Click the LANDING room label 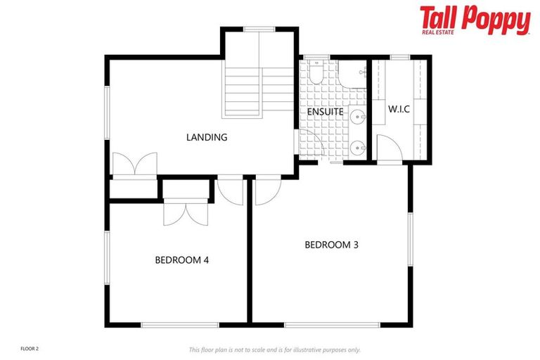pos(207,137)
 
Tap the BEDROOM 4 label pos(181,259)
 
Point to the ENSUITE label pos(325,112)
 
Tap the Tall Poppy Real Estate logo pos(475,20)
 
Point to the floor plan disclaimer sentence pos(274,349)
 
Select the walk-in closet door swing pos(387,147)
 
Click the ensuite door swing pos(311,146)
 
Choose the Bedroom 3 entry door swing pos(266,191)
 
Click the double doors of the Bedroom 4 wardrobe pos(186,212)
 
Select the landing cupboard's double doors pos(134,164)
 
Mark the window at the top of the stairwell pos(259,29)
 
